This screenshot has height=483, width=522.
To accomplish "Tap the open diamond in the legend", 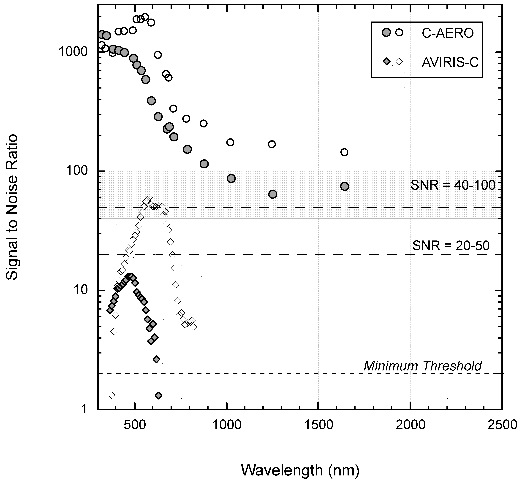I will click(x=399, y=62).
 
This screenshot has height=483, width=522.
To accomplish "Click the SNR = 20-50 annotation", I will click(x=451, y=246).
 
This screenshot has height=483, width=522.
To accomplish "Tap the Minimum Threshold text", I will click(x=423, y=366).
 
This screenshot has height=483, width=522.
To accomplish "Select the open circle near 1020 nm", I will click(x=230, y=142).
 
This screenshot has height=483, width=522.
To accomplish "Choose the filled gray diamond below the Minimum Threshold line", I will click(x=158, y=395).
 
